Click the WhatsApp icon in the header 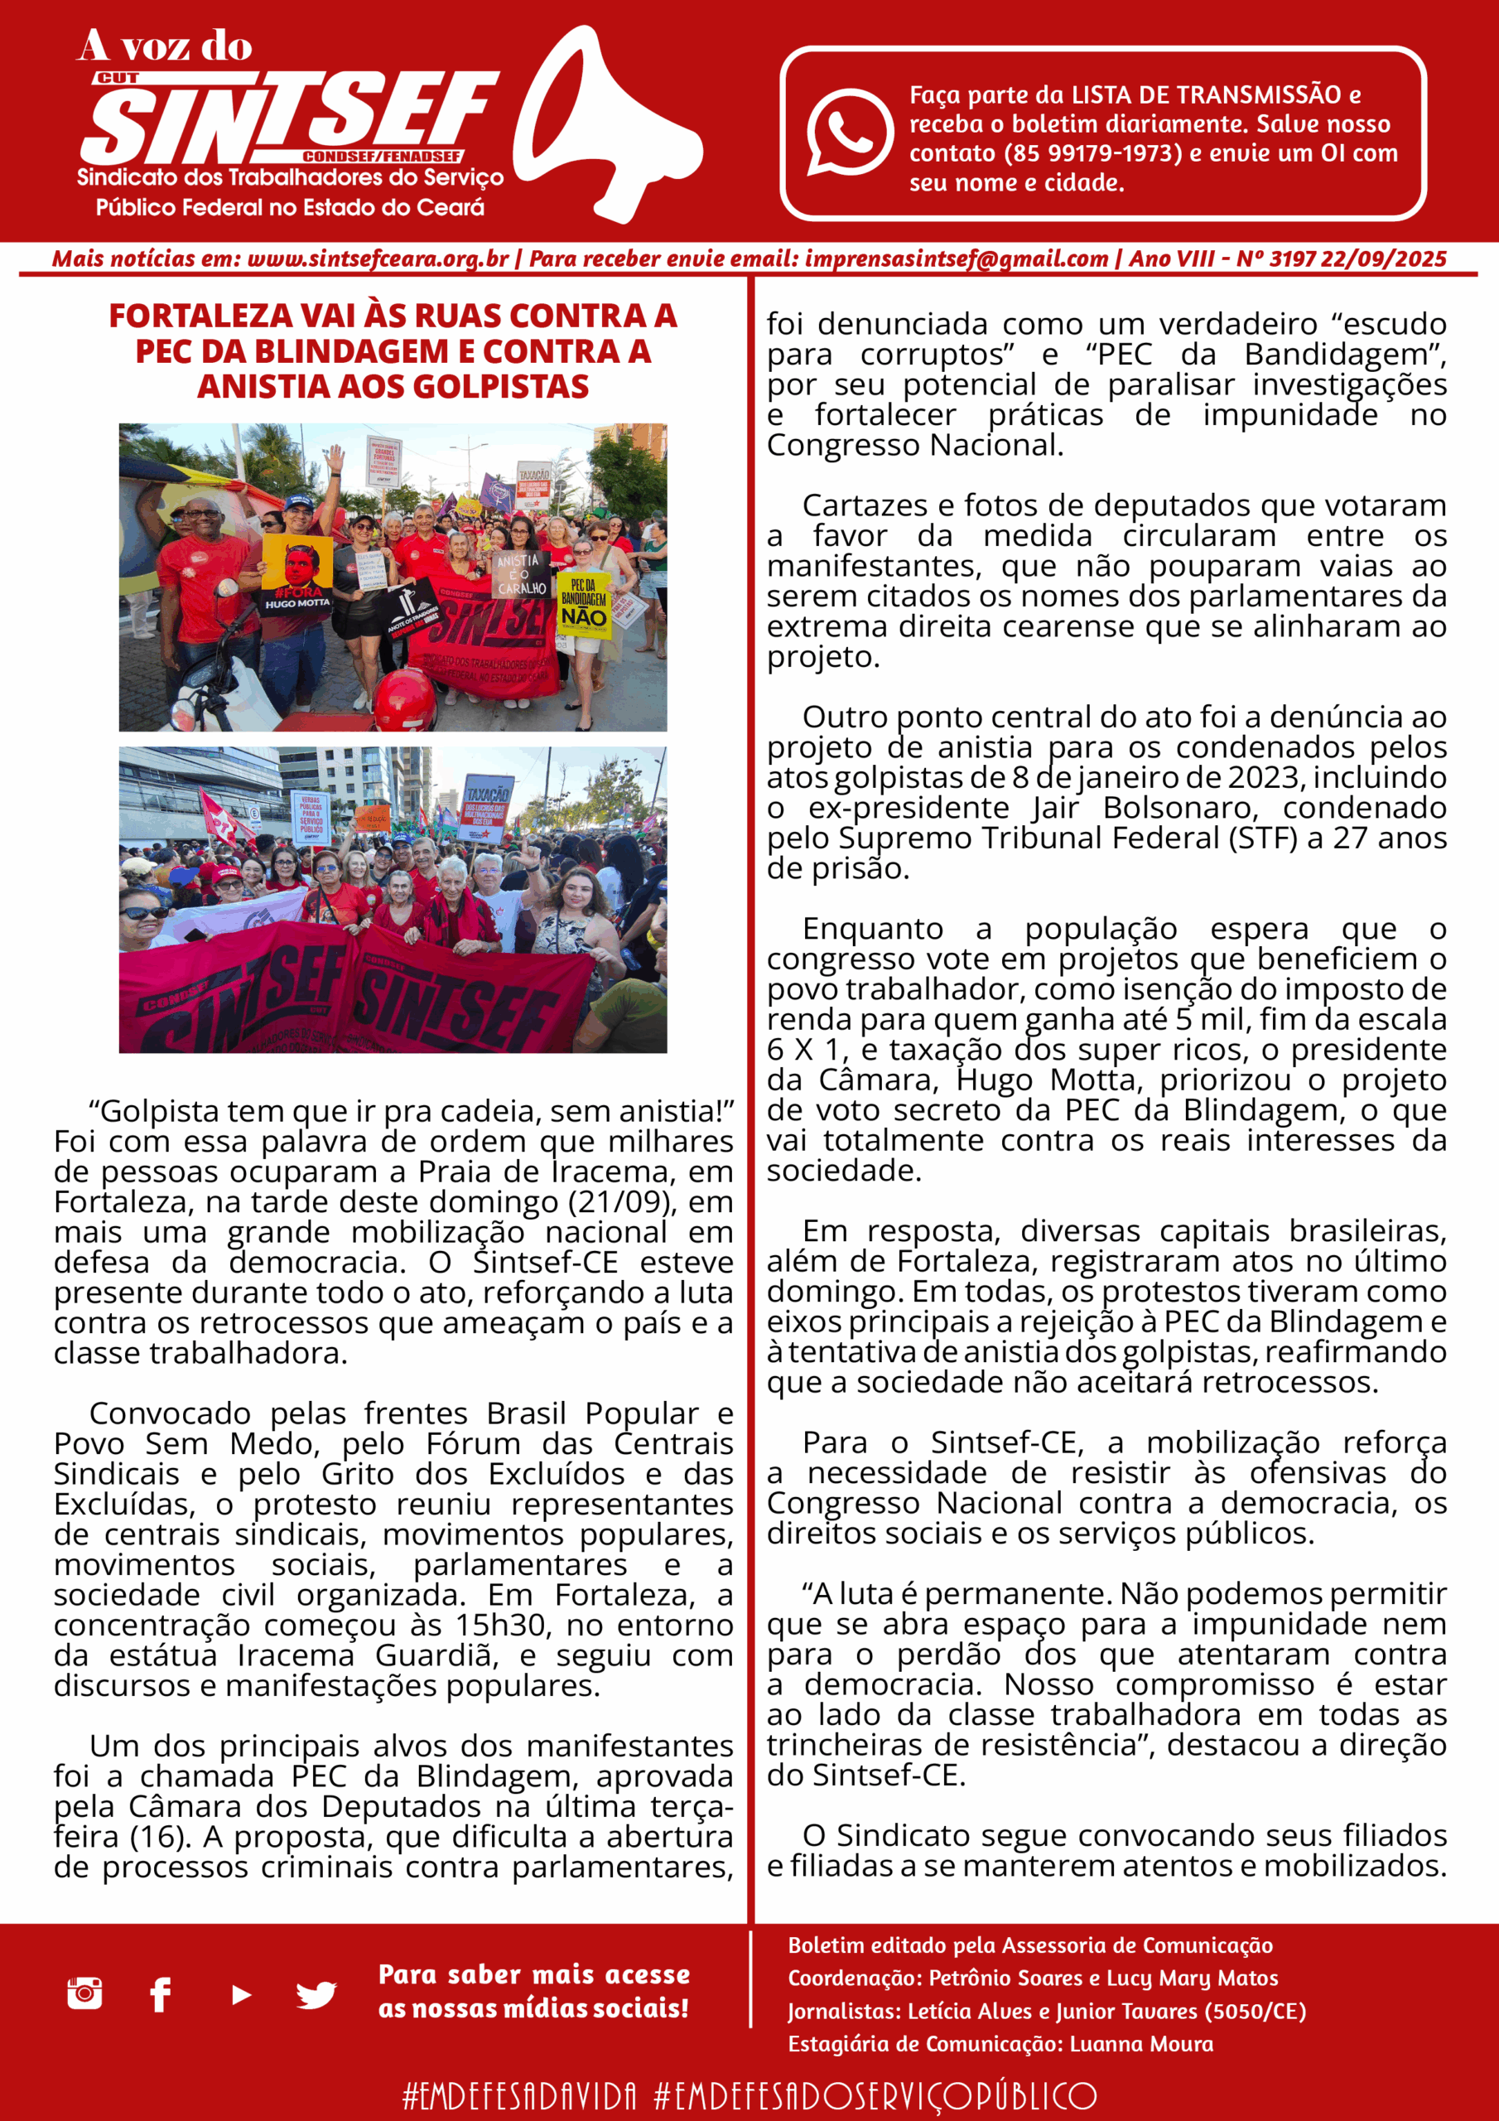849,131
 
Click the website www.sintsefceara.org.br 378,259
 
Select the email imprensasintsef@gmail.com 956,259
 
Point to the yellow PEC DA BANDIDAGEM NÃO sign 584,606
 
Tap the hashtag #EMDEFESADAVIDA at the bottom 519,2095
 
